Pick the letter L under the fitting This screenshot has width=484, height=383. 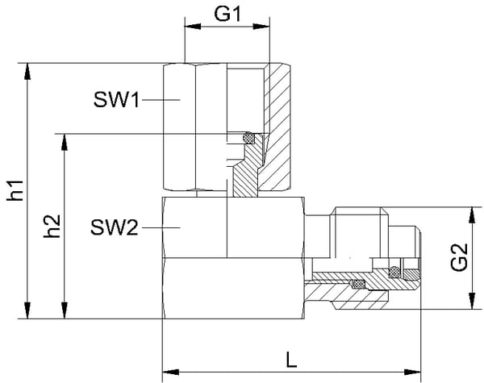(291, 360)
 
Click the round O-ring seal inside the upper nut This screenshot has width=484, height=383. (251, 137)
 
